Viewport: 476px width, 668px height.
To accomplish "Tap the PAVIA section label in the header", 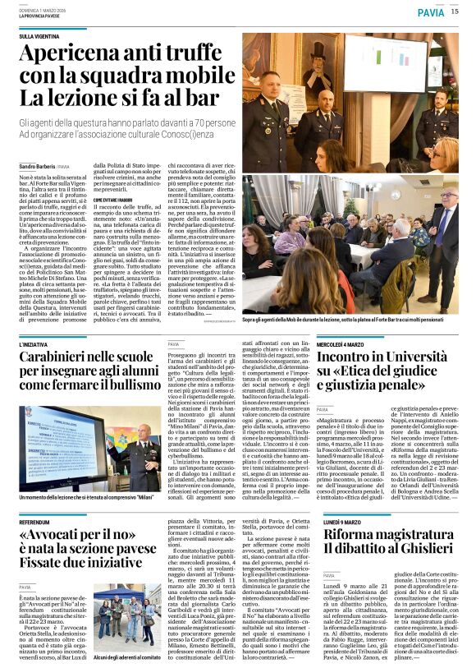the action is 430,12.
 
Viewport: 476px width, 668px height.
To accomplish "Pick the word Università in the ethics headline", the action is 424,358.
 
